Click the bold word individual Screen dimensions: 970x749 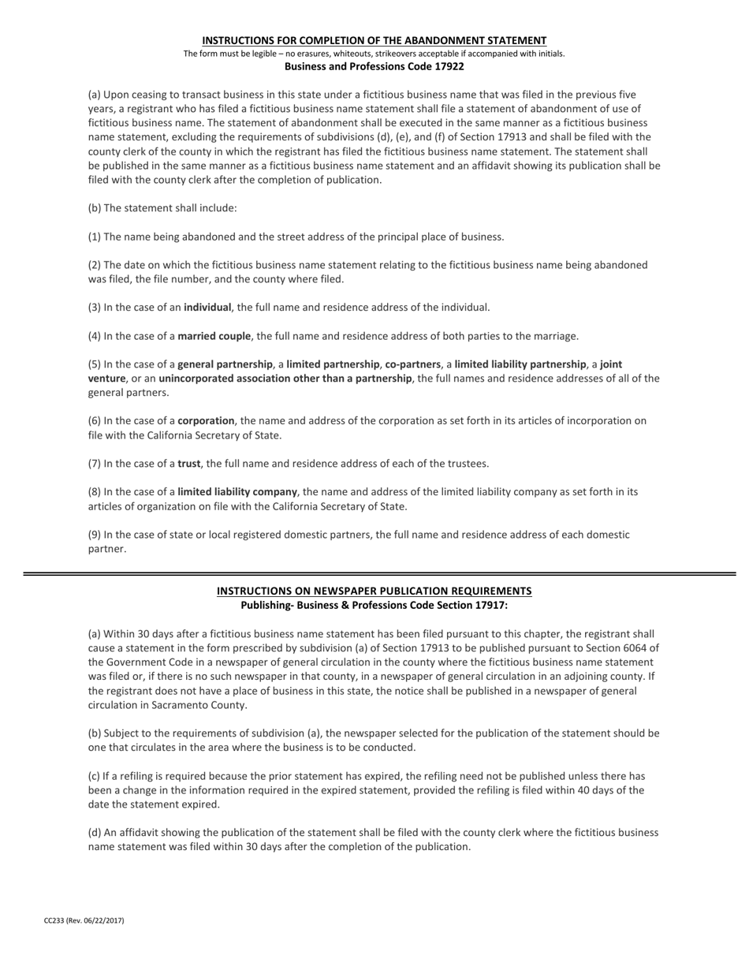(x=207, y=308)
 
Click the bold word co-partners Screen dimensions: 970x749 (x=412, y=364)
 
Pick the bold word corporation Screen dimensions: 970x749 (x=206, y=421)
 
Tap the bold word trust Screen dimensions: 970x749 (x=188, y=464)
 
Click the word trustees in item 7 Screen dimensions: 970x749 (x=468, y=464)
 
